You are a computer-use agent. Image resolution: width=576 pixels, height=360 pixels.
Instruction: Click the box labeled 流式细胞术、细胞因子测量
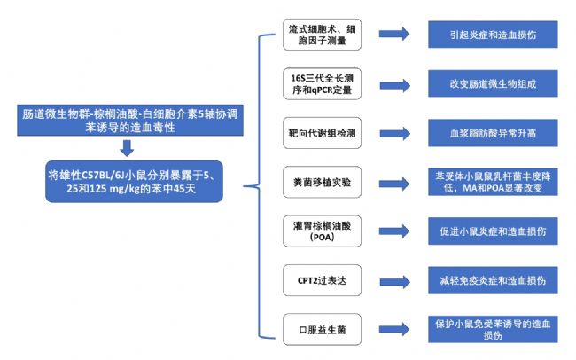pos(322,35)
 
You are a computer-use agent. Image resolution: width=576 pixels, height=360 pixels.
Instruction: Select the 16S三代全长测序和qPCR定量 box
pos(322,84)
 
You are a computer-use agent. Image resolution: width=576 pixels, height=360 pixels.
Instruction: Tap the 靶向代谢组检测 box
pos(322,133)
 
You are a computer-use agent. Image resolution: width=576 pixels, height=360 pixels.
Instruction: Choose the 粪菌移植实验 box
pos(322,182)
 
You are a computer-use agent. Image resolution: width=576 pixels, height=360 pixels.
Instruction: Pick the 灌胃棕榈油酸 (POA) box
pos(322,231)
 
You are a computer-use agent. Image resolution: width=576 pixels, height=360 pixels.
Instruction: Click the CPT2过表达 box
pos(322,280)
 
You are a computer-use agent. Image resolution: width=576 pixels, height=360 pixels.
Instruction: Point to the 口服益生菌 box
pos(322,330)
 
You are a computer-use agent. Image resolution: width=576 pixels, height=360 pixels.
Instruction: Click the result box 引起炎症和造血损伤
pos(493,35)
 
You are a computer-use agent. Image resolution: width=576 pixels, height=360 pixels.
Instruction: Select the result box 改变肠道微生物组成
pos(493,84)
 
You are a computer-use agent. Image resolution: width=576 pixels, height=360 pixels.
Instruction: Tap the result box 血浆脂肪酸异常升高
pos(493,133)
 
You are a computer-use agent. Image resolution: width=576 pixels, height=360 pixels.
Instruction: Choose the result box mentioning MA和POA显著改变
pos(493,182)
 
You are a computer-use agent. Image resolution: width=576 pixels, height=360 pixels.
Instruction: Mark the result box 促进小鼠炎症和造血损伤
pos(493,231)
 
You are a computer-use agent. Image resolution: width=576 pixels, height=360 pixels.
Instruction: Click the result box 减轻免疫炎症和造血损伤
pos(493,280)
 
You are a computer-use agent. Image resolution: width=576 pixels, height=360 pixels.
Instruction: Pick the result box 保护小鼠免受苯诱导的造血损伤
pos(493,330)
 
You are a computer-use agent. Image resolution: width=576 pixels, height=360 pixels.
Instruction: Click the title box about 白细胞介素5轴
pos(130,121)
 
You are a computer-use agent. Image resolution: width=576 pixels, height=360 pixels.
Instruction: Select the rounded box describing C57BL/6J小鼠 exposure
pos(134,181)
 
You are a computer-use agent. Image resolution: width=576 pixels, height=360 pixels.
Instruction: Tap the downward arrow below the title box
pos(127,148)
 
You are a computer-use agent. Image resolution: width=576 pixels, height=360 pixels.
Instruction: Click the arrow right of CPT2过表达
pos(394,282)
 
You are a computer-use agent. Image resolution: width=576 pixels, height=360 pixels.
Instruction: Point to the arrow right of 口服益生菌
pos(394,329)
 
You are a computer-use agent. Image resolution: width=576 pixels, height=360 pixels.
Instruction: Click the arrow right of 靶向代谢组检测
pos(394,134)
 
